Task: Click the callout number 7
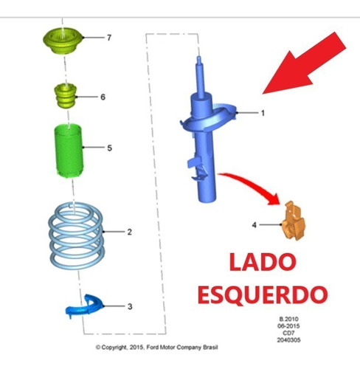pyautogui.click(x=109, y=38)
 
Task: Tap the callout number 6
pyautogui.click(x=103, y=97)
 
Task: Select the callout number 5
pyautogui.click(x=110, y=148)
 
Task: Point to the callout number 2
pyautogui.click(x=130, y=232)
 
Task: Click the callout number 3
pyautogui.click(x=130, y=306)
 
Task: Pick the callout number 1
pyautogui.click(x=263, y=113)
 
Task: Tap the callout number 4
pyautogui.click(x=255, y=225)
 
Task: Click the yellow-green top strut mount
pyautogui.click(x=63, y=41)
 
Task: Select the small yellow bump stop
pyautogui.click(x=66, y=95)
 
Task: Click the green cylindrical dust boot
pyautogui.click(x=69, y=151)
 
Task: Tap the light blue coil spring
pyautogui.click(x=77, y=235)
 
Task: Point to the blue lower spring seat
pyautogui.click(x=83, y=306)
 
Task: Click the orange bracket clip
pyautogui.click(x=294, y=221)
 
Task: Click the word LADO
pyautogui.click(x=263, y=262)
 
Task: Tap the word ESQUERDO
pyautogui.click(x=263, y=294)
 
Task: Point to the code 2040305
pyautogui.click(x=288, y=340)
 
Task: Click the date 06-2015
pyautogui.click(x=288, y=326)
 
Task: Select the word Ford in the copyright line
pyautogui.click(x=153, y=348)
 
